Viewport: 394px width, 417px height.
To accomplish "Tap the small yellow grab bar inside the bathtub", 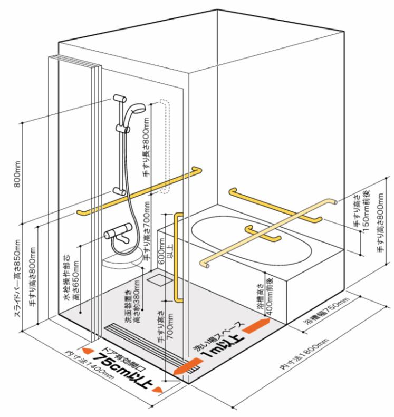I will click(x=262, y=235).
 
